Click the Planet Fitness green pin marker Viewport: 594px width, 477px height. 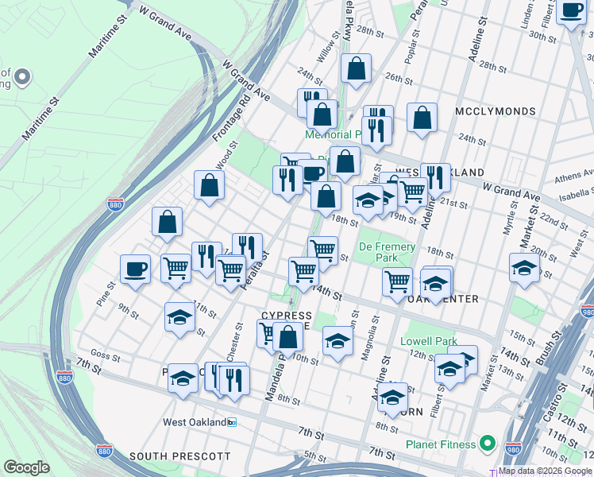(488, 444)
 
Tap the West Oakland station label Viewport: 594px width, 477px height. (194, 422)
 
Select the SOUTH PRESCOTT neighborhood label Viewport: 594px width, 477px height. (179, 456)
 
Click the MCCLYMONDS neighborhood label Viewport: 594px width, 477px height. (496, 111)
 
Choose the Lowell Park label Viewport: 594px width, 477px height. (429, 341)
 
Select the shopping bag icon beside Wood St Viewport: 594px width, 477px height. (209, 184)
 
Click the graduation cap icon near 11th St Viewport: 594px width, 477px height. (180, 316)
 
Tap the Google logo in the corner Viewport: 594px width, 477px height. (27, 467)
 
